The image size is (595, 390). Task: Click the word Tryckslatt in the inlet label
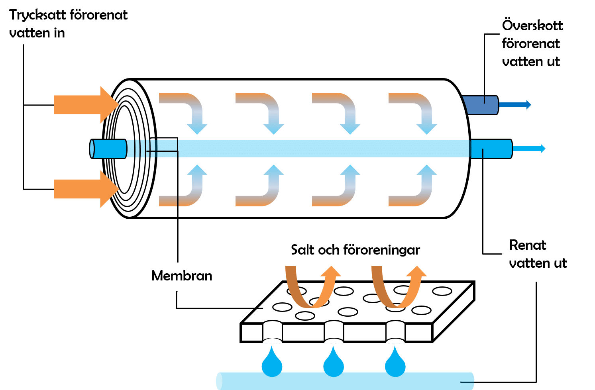[x=38, y=15]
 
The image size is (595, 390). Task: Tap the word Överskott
[x=532, y=25]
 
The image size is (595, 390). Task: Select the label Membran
[x=182, y=276]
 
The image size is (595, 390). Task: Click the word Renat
[x=527, y=245]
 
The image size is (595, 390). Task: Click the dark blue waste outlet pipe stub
[x=480, y=105]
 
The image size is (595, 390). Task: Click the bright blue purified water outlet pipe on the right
[x=491, y=149]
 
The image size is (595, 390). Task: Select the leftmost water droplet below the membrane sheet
[x=272, y=363]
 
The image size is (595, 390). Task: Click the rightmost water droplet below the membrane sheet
[x=395, y=363]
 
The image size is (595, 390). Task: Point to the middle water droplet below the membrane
[x=333, y=363]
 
